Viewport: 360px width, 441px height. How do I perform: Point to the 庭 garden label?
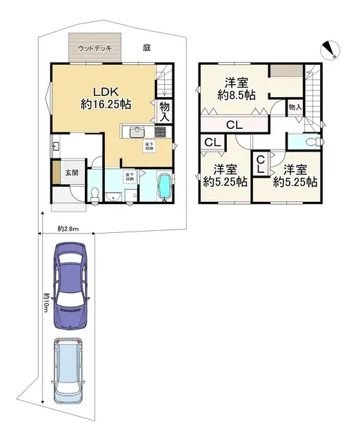tap(147, 48)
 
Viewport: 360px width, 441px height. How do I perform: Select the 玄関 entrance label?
tap(72, 172)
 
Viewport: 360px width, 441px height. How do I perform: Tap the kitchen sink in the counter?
tap(134, 132)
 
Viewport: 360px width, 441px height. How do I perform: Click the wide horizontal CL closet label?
tap(233, 125)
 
